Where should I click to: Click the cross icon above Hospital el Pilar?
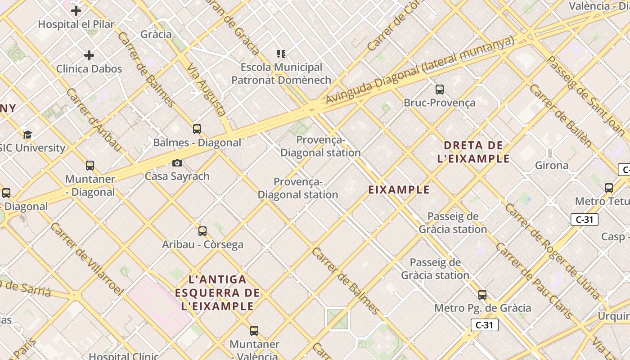(x=76, y=10)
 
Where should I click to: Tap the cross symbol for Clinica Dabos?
(x=89, y=55)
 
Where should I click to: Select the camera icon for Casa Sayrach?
(x=177, y=163)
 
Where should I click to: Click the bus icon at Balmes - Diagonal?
(x=197, y=129)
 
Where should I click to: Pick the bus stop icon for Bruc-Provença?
(x=440, y=89)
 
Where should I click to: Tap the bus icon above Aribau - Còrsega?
(x=202, y=231)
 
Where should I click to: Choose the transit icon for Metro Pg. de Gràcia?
(x=482, y=295)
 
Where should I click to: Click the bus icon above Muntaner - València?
(x=254, y=331)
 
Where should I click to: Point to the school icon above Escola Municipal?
(x=281, y=54)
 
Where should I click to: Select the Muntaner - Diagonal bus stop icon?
(x=90, y=166)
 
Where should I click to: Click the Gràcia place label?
(x=156, y=34)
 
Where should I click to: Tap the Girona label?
(x=551, y=165)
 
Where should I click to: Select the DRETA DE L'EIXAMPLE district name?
(x=473, y=152)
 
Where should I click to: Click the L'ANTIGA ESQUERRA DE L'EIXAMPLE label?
(x=217, y=293)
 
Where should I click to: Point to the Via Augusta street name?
(x=206, y=90)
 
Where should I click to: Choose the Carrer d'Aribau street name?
(x=94, y=119)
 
